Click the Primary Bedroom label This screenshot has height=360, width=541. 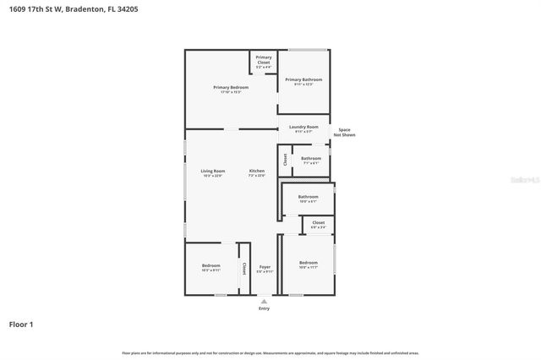point(230,88)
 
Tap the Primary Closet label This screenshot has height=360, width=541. point(264,59)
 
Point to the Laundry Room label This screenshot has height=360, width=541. point(303,128)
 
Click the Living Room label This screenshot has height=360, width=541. point(212,172)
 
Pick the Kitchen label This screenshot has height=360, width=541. point(256,172)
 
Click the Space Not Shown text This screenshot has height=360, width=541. point(344,132)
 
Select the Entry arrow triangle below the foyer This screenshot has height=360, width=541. point(265,301)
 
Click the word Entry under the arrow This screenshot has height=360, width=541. point(265,308)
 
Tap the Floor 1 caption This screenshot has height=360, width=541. point(21,324)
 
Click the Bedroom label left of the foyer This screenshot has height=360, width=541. point(210,267)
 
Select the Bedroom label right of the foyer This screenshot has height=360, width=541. point(309,265)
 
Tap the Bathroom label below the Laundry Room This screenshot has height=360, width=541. point(311,159)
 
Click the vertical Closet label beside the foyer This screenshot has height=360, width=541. point(244,268)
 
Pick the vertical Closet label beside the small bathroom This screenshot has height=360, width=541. point(286,159)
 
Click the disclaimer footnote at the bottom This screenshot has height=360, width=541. point(270,352)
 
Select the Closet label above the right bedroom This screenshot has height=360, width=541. point(318,224)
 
